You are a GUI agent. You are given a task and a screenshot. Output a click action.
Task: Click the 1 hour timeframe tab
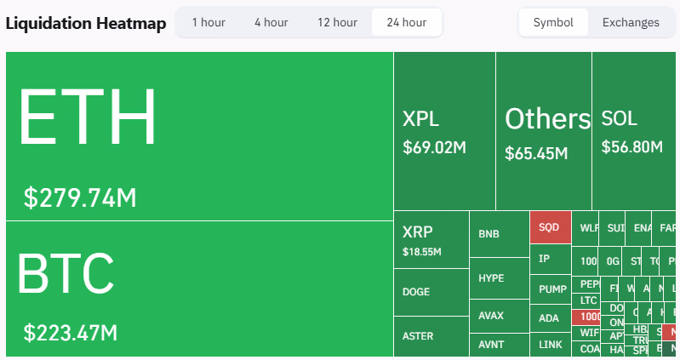point(209,22)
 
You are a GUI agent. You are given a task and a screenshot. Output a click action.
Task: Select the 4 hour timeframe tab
point(271,22)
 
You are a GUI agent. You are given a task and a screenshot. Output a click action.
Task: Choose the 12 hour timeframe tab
point(337,22)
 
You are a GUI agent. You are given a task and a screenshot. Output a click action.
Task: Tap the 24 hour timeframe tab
point(406,22)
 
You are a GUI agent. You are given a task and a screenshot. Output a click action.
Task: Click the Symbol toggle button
point(553,22)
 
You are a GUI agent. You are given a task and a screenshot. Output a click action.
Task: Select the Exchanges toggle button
point(631,22)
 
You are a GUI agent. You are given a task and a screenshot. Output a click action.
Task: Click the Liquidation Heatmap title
point(86,23)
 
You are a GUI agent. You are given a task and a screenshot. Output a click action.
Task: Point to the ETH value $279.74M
point(80,197)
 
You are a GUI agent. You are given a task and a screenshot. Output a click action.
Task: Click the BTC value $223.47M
point(71,332)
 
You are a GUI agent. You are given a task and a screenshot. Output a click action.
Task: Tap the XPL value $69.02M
point(434,147)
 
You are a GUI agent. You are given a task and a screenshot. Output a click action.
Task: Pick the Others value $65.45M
point(535,153)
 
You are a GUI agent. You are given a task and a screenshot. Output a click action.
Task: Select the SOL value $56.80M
point(631,147)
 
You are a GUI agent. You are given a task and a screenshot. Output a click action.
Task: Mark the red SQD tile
point(550,228)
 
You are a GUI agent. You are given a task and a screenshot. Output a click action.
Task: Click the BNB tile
point(499,234)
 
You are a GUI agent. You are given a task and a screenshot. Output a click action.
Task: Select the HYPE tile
point(499,278)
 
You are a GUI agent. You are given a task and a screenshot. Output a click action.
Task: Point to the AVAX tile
point(499,316)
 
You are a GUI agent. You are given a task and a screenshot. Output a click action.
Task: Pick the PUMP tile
point(551,289)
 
